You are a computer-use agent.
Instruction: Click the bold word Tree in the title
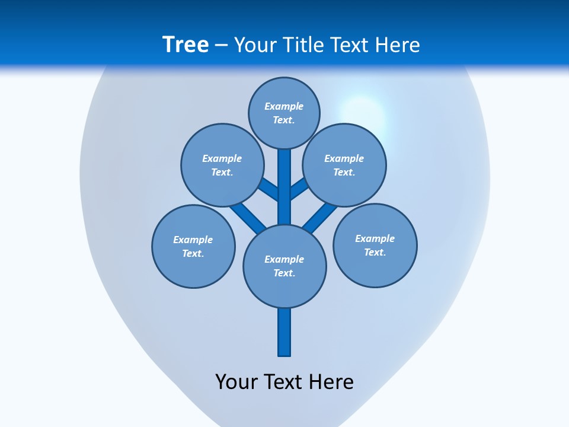[x=186, y=45]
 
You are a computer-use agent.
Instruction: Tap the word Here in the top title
[x=397, y=45]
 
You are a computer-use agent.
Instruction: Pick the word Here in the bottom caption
[x=331, y=381]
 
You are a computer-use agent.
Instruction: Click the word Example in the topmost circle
[x=284, y=106]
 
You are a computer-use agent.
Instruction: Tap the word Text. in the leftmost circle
[x=193, y=253]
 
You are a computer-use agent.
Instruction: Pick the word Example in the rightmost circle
[x=375, y=238]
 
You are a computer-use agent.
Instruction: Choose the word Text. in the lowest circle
[x=284, y=273]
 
